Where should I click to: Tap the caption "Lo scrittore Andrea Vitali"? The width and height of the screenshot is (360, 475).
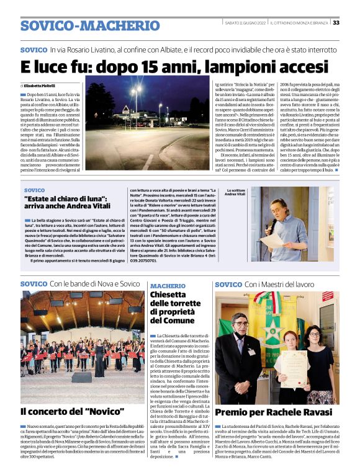pos(236,193)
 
